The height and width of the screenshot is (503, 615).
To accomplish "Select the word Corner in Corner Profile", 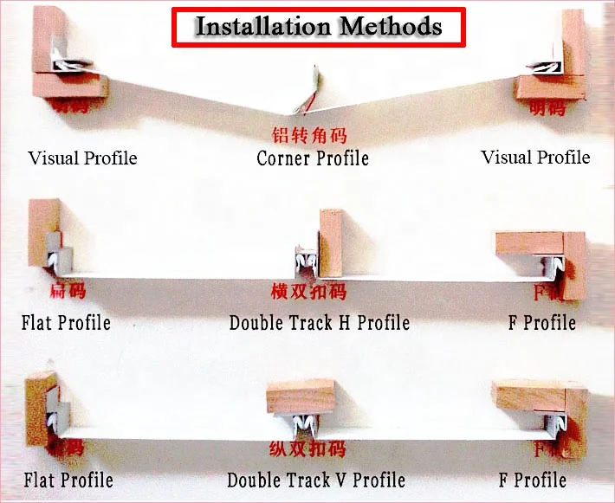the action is pos(282,158).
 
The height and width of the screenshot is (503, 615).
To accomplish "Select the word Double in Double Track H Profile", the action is pos(255,323).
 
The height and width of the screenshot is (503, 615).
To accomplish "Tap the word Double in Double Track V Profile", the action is pos(253,480).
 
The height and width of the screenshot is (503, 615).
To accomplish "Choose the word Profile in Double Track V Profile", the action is pos(379,480).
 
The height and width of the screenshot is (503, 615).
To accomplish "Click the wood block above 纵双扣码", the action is pos(301,397).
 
